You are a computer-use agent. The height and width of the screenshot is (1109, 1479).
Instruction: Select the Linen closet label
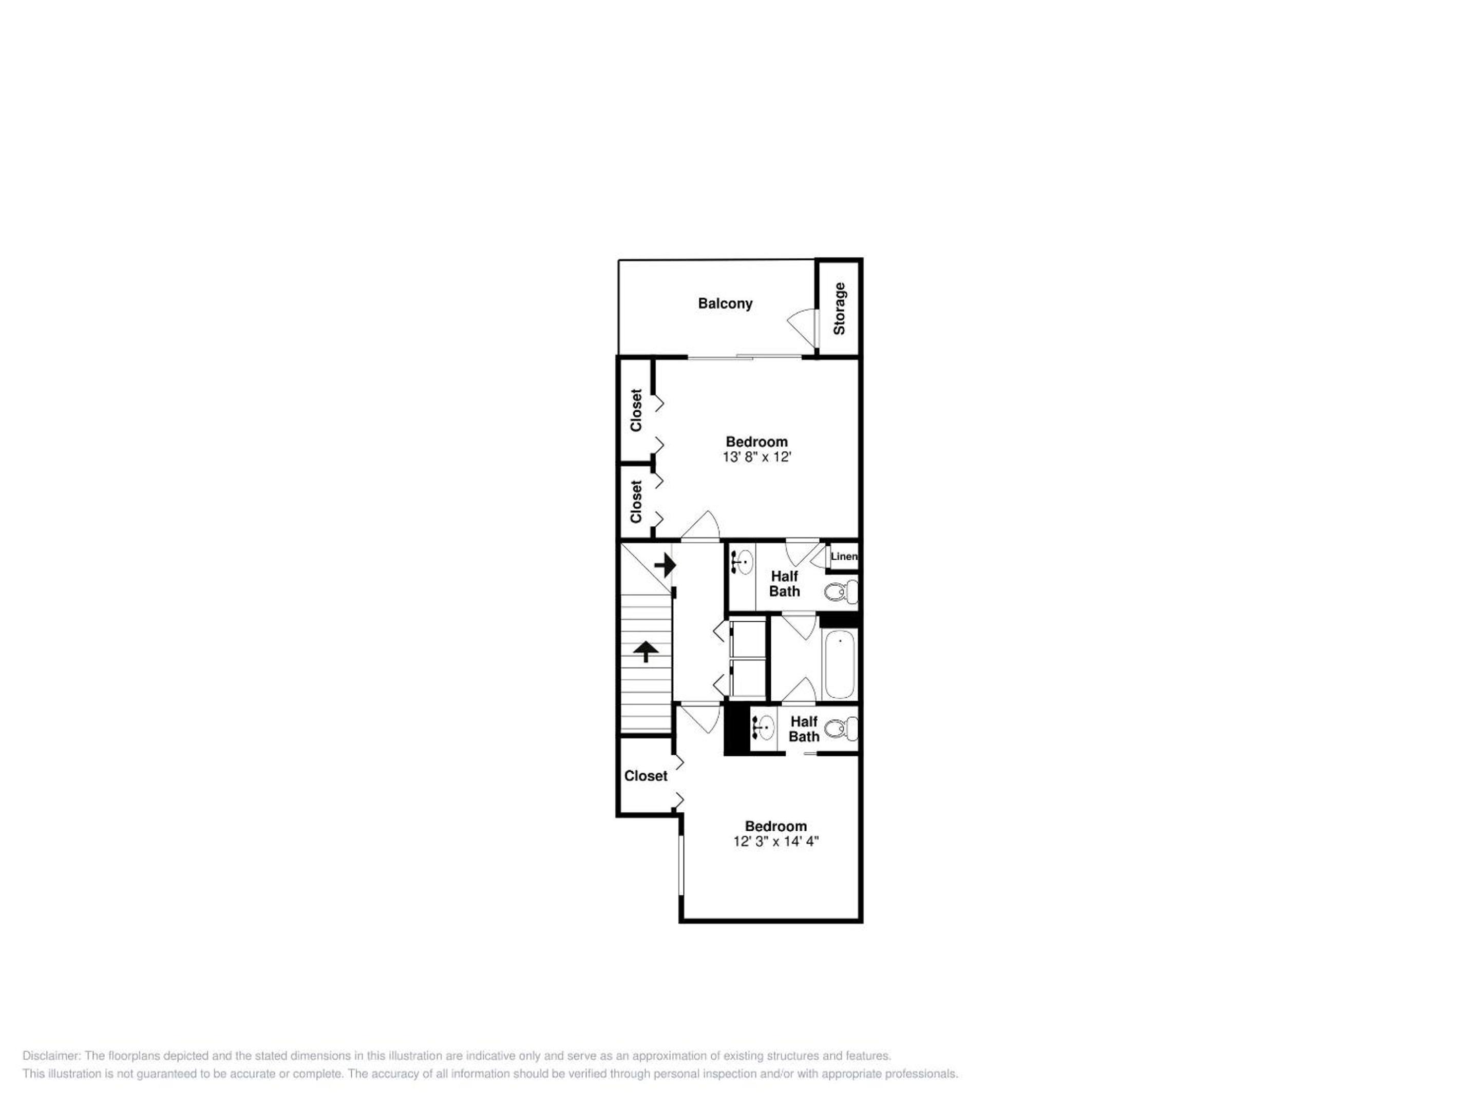(x=844, y=556)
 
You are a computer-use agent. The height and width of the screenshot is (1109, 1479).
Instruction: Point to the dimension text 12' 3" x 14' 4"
(x=775, y=842)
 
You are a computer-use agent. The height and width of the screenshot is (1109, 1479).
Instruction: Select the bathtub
(x=839, y=664)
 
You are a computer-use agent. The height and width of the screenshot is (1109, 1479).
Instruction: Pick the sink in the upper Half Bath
(x=741, y=562)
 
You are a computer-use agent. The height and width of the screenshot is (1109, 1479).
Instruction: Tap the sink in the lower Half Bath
(x=763, y=726)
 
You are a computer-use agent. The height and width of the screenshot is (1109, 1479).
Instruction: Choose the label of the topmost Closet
(x=636, y=410)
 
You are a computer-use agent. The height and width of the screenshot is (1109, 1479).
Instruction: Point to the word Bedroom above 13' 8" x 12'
(x=757, y=442)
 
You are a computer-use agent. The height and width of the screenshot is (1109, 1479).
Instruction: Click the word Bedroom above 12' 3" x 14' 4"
(x=775, y=826)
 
